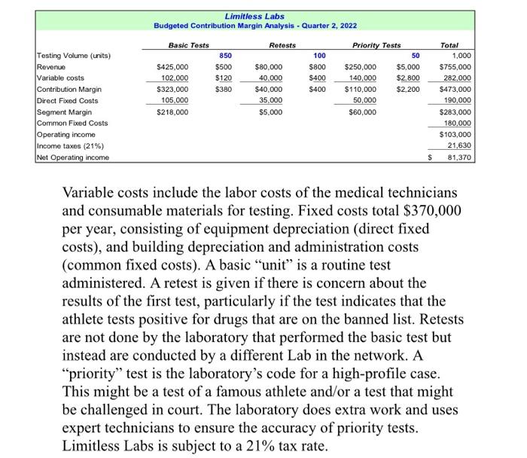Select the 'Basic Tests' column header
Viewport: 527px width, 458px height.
coord(188,45)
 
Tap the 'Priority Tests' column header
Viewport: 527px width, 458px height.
coord(377,45)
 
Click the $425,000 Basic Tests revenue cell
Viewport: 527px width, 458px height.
coord(172,67)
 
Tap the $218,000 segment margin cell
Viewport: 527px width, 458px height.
coord(172,112)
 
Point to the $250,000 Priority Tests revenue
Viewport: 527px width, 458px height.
coord(361,67)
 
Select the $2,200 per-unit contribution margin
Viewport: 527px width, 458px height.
coord(408,90)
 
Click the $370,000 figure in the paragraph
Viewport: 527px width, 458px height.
coord(424,210)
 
